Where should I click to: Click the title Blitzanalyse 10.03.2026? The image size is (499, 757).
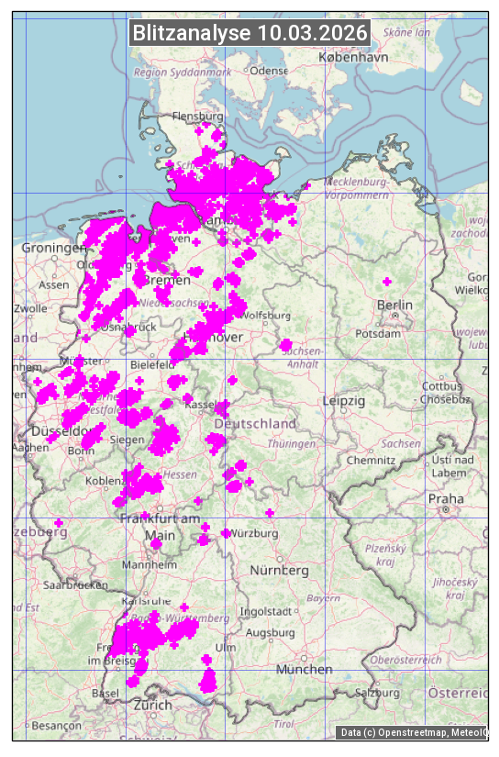pos(250,33)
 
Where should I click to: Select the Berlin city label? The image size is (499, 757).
pos(394,305)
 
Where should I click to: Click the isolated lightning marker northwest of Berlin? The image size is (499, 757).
pos(387,281)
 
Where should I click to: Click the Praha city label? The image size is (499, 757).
pos(446,498)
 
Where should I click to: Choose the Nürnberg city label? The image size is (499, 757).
pos(280,570)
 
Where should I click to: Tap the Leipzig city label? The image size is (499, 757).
pos(344,401)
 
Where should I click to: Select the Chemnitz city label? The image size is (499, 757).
pos(370,460)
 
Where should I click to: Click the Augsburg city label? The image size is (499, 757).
pos(270,632)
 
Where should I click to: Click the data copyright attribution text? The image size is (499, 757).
pos(413,732)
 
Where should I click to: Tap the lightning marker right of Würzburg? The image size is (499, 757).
pos(270,513)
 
